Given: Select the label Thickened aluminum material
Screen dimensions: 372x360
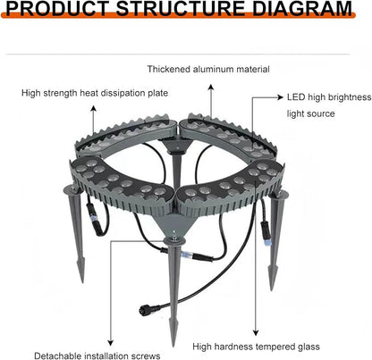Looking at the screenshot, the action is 208,69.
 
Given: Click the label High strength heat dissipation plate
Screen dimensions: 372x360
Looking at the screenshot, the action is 95,93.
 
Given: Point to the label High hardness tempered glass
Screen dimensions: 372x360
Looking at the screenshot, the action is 256,347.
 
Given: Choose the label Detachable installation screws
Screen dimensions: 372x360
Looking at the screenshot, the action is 97,356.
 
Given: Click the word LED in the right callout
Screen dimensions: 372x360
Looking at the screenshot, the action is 296,97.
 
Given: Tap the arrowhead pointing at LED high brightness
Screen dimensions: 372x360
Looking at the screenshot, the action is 280,97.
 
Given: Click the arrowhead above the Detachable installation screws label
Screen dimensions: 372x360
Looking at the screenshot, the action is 111,343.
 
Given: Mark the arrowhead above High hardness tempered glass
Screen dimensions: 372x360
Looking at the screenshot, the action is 256,332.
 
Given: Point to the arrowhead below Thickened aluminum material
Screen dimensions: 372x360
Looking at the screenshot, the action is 211,87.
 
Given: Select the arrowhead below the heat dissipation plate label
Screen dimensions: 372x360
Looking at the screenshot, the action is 94,108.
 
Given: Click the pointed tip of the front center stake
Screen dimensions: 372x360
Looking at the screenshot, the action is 173,347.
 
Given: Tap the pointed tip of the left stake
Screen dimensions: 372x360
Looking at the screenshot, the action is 82,282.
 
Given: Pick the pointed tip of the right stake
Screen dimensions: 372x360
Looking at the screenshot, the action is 272,289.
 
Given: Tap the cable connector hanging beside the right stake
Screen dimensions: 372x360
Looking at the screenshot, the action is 266,232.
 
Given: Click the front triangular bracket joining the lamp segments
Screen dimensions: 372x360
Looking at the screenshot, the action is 172,225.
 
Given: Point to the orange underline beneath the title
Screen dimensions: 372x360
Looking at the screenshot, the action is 178,16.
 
